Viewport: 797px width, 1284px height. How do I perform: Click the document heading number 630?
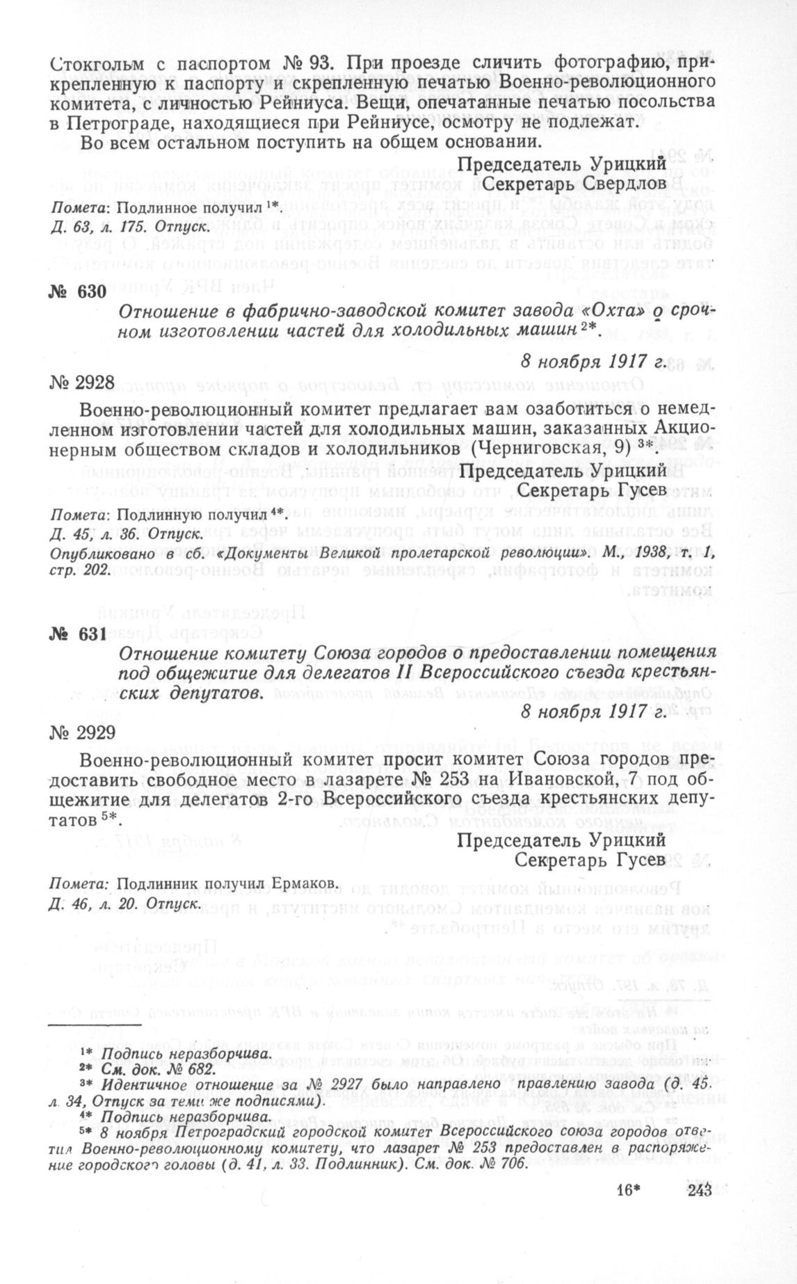[x=78, y=291]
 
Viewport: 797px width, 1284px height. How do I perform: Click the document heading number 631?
[x=78, y=635]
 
